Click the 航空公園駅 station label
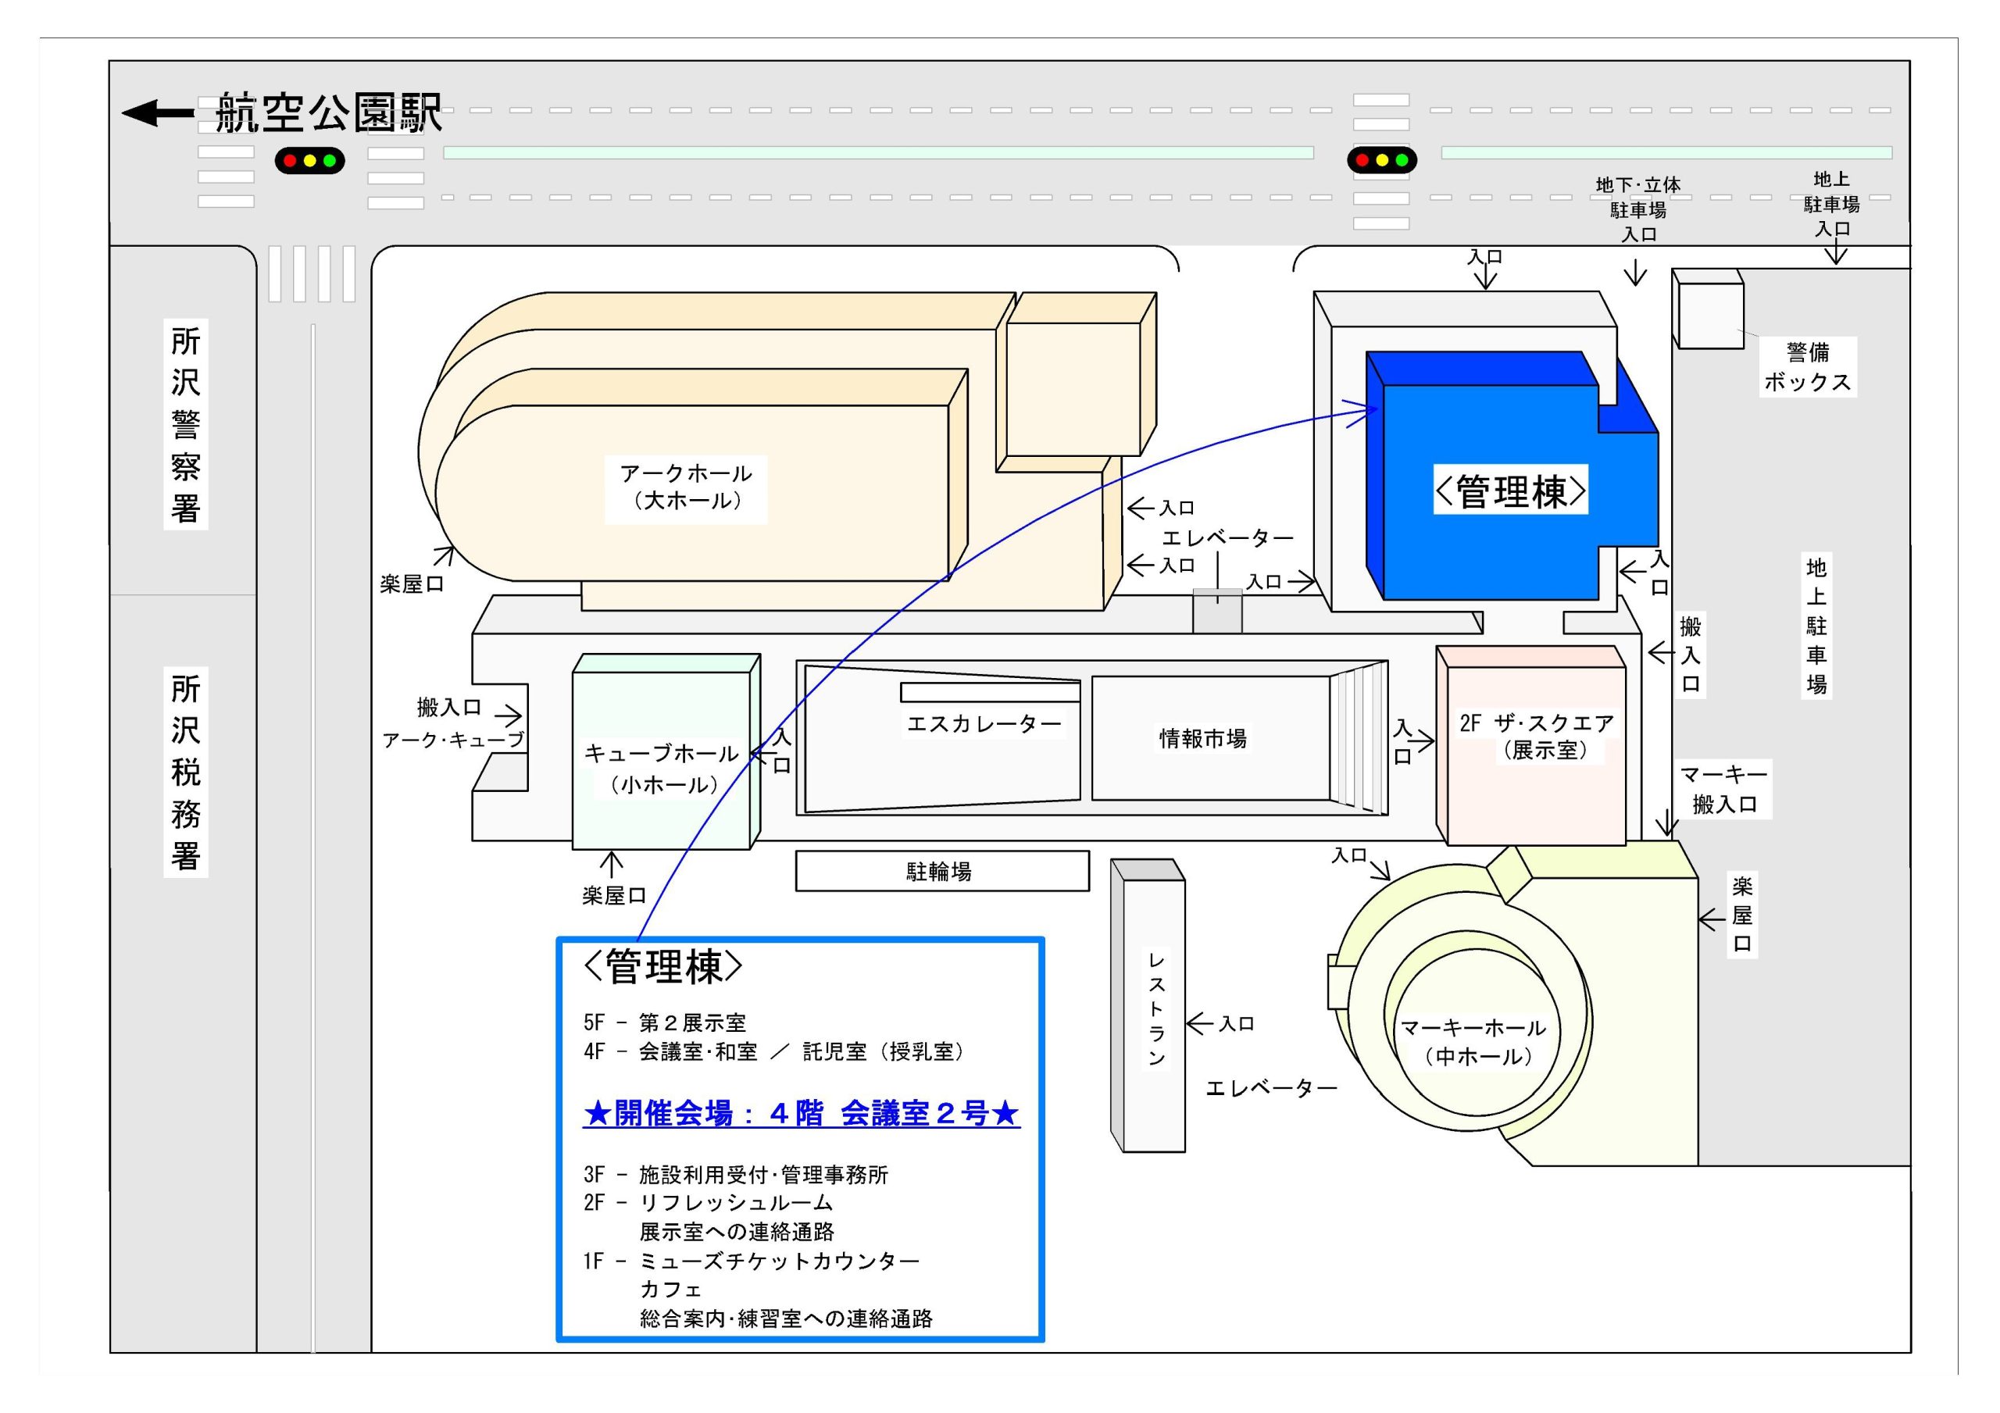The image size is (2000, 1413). pyautogui.click(x=328, y=113)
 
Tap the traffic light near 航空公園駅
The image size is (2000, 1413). pyautogui.click(x=310, y=161)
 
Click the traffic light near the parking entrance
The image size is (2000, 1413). pyautogui.click(x=1381, y=160)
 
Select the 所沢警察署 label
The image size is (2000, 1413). pyautogui.click(x=185, y=424)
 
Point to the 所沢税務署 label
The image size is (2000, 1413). pyautogui.click(x=185, y=772)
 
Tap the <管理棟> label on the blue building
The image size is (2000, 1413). pyautogui.click(x=1510, y=491)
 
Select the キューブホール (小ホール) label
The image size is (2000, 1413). pyautogui.click(x=661, y=769)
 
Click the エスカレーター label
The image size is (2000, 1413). pyautogui.click(x=984, y=724)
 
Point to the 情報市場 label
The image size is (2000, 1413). pyautogui.click(x=1203, y=739)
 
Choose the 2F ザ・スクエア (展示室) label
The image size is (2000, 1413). pyautogui.click(x=1537, y=736)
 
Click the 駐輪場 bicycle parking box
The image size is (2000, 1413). pyautogui.click(x=941, y=871)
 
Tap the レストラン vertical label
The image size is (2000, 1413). pyautogui.click(x=1156, y=1009)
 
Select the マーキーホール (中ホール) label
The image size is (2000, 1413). pyautogui.click(x=1473, y=1042)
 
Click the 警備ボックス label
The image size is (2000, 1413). pyautogui.click(x=1808, y=367)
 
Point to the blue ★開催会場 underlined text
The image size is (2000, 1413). pyautogui.click(x=802, y=1113)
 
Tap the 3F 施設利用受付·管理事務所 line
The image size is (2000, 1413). pyautogui.click(x=736, y=1174)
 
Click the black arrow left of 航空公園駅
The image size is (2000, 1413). pyautogui.click(x=158, y=112)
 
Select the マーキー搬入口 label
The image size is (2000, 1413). pyautogui.click(x=1724, y=789)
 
